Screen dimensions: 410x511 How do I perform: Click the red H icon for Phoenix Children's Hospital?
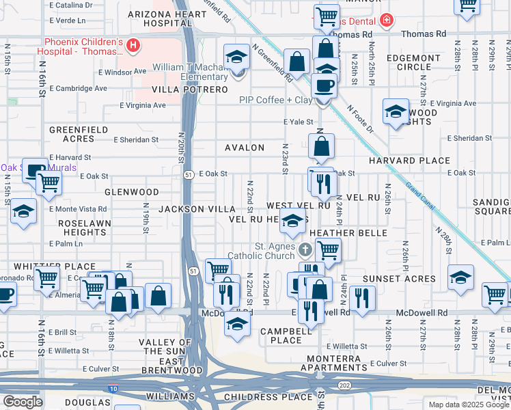point(134,46)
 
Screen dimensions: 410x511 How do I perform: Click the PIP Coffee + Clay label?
point(275,100)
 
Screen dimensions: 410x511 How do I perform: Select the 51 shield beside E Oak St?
point(187,175)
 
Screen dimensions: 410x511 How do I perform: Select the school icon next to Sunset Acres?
point(461,277)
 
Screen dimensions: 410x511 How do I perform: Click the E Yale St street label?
point(299,122)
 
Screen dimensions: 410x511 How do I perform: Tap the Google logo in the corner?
point(23,402)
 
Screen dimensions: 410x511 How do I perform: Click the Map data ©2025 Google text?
point(469,405)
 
